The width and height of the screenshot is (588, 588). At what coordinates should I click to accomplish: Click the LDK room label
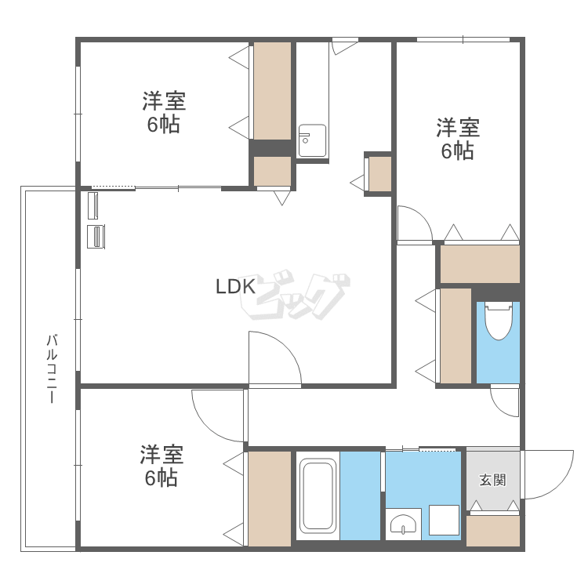click(x=236, y=286)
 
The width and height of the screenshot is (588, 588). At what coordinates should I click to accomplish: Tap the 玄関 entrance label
click(x=493, y=480)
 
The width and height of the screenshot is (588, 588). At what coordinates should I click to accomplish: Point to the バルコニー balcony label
click(x=52, y=368)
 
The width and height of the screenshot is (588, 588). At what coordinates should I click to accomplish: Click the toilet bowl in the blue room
click(x=499, y=321)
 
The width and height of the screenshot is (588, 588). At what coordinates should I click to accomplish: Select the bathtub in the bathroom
click(x=318, y=495)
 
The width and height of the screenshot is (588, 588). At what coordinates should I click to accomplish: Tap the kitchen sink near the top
click(x=312, y=140)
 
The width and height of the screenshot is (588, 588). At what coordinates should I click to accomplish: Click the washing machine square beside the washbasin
click(x=444, y=520)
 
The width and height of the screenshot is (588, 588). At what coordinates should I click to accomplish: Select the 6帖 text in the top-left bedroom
click(x=164, y=125)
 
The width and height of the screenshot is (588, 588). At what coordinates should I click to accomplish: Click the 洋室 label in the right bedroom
click(x=458, y=128)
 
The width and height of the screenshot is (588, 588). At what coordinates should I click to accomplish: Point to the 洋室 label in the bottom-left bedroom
click(x=162, y=454)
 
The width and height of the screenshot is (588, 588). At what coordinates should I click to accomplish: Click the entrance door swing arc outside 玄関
click(x=561, y=485)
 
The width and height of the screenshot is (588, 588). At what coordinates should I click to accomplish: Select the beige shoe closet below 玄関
click(x=493, y=531)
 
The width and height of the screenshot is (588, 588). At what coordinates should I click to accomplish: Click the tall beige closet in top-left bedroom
click(x=273, y=91)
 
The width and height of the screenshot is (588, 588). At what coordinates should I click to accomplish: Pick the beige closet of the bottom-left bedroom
click(x=270, y=499)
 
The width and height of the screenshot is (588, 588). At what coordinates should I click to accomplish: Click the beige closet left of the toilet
click(x=456, y=336)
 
